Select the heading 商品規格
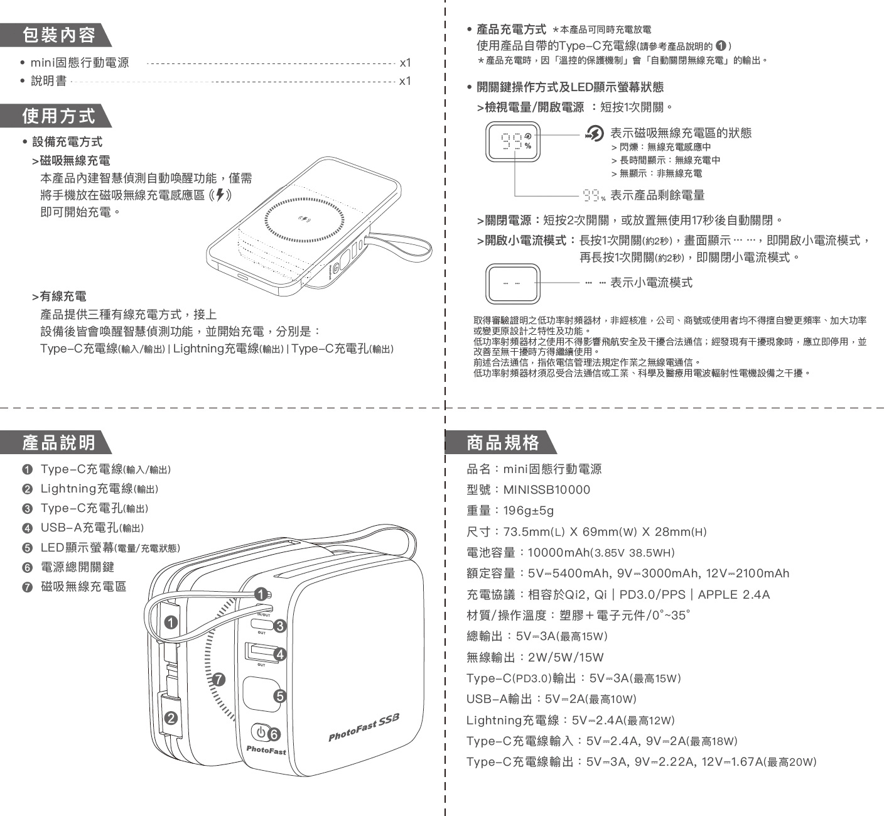point(502,443)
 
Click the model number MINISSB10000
point(547,490)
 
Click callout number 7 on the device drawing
point(218,679)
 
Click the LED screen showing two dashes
point(513,284)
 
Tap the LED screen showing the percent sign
point(513,141)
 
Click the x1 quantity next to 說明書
point(405,81)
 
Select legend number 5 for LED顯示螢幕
point(27,548)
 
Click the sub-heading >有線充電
point(60,296)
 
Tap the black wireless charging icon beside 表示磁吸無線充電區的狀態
point(595,133)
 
